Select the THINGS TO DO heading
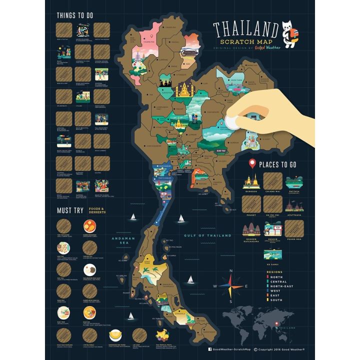coord(75,15)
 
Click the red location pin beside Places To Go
coord(252,163)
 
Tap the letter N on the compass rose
coord(231,271)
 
